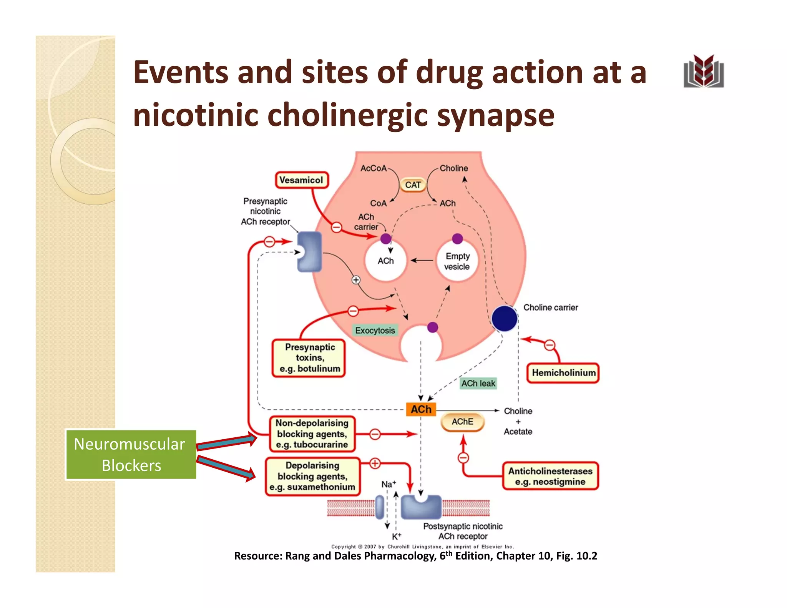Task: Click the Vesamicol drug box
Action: (302, 180)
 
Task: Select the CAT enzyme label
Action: (413, 185)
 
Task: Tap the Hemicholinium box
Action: (563, 373)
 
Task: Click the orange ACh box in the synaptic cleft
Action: (421, 409)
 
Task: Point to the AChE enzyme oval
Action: (462, 422)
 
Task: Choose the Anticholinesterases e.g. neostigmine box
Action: (550, 476)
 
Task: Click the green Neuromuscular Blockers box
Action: (131, 455)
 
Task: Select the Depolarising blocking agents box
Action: (312, 476)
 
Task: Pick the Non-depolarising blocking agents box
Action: (312, 434)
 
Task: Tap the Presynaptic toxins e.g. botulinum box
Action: (309, 358)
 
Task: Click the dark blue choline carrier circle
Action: (504, 318)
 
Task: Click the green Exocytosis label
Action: (375, 331)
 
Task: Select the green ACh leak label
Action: (478, 383)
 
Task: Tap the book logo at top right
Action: (704, 71)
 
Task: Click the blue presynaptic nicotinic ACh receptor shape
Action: (310, 252)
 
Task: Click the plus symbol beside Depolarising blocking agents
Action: (375, 463)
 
